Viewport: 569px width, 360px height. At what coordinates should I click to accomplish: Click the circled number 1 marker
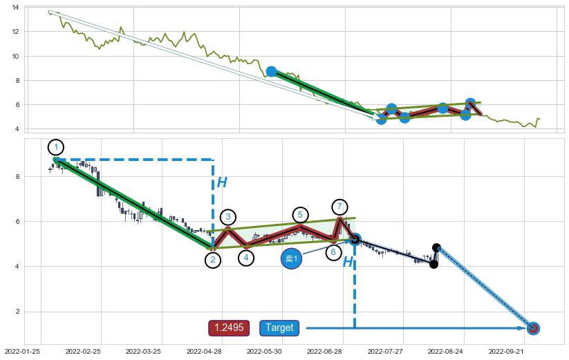pos(56,147)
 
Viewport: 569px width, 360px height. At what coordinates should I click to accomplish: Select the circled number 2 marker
pos(213,260)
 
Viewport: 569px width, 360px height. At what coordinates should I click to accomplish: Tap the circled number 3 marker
pos(228,217)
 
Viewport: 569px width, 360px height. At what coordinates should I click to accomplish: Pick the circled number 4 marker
pos(246,258)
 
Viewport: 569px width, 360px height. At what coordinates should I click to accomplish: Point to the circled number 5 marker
pos(300,215)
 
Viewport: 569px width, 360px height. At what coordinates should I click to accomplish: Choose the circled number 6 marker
pos(333,252)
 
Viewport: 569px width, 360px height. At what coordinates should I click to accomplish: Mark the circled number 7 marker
pos(339,207)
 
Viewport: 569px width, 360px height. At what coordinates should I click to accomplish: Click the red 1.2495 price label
pos(229,328)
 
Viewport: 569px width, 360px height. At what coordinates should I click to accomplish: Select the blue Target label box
pos(279,328)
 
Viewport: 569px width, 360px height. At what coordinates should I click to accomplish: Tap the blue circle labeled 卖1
pos(292,259)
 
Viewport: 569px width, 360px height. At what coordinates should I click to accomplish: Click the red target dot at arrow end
pos(533,328)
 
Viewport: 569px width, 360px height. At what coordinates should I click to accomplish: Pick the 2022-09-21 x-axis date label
pos(507,351)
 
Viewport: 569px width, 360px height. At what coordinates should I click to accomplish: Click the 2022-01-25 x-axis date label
pos(22,351)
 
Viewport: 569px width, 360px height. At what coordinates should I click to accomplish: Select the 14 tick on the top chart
pos(16,7)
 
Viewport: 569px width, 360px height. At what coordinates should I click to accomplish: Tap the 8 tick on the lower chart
pos(16,177)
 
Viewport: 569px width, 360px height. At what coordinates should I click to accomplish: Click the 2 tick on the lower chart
pos(16,312)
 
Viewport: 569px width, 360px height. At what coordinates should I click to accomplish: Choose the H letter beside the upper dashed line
pos(222,182)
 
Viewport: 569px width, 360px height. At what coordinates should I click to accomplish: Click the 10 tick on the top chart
pos(16,56)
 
